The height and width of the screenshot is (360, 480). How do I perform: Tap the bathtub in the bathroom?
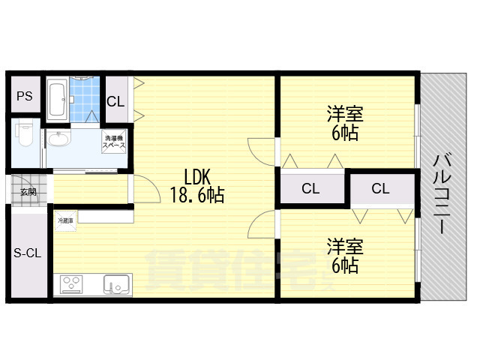pos(58,99)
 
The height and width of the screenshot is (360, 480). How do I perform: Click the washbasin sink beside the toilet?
pos(57,140)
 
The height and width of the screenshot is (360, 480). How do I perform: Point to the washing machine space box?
pos(114,142)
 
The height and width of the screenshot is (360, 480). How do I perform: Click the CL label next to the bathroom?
pos(115,102)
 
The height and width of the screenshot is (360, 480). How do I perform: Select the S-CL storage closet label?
pos(27,253)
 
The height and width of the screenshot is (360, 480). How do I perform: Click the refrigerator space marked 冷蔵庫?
pos(65,220)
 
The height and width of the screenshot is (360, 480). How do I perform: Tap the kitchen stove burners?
pos(73,285)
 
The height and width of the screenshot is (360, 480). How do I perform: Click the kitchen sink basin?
pos(115,285)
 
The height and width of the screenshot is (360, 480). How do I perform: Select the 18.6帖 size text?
pos(197,196)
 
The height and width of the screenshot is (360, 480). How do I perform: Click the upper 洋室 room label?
pos(344,115)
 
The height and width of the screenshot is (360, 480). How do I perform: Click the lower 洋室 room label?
pos(344,246)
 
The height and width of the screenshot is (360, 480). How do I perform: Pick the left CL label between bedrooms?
pos(310,189)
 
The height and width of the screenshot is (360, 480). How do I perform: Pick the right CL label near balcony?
pos(380,189)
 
